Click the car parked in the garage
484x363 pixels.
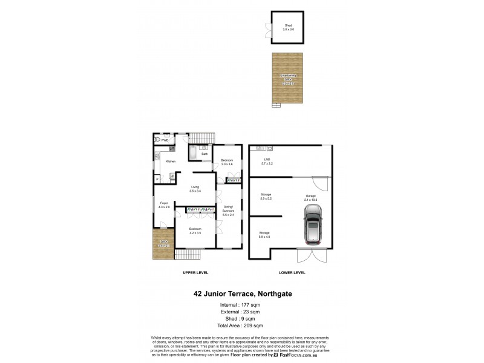tap(313, 223)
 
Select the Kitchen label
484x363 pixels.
tap(171, 161)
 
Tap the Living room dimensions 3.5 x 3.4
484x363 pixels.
tap(195, 191)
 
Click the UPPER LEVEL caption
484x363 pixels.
tap(195, 273)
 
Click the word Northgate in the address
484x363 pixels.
tap(274, 295)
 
